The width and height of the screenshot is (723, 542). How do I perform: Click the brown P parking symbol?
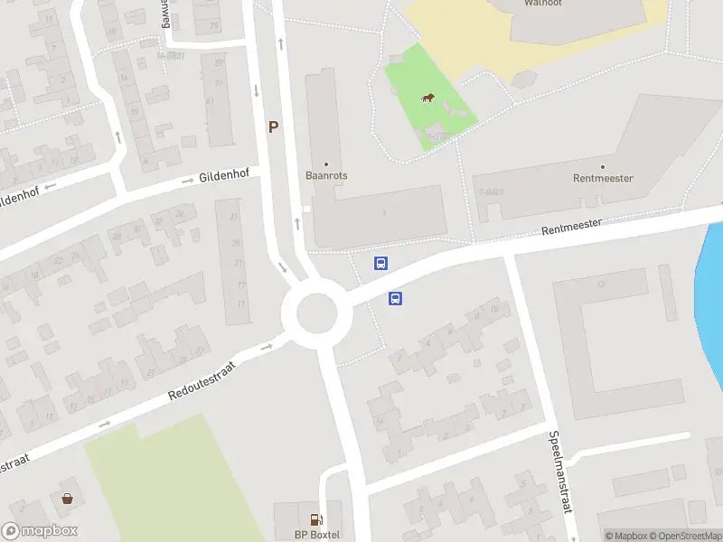point(272,127)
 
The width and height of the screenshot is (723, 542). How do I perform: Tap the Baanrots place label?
point(326,176)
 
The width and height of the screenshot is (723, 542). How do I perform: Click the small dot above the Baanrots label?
point(326,164)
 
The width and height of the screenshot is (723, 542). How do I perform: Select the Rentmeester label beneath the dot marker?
point(603,178)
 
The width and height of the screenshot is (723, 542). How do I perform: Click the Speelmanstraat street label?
point(560,472)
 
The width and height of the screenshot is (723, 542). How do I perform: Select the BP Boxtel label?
point(317,535)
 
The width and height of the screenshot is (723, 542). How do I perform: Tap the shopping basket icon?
point(67,498)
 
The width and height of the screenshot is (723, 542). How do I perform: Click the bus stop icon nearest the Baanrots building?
point(381,264)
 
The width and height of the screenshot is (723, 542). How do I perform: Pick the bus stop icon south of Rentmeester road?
point(395,298)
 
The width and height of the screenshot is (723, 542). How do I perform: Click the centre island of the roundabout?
point(310,314)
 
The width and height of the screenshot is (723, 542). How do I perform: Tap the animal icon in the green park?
point(427,98)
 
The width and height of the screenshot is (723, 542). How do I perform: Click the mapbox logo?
point(40,531)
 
